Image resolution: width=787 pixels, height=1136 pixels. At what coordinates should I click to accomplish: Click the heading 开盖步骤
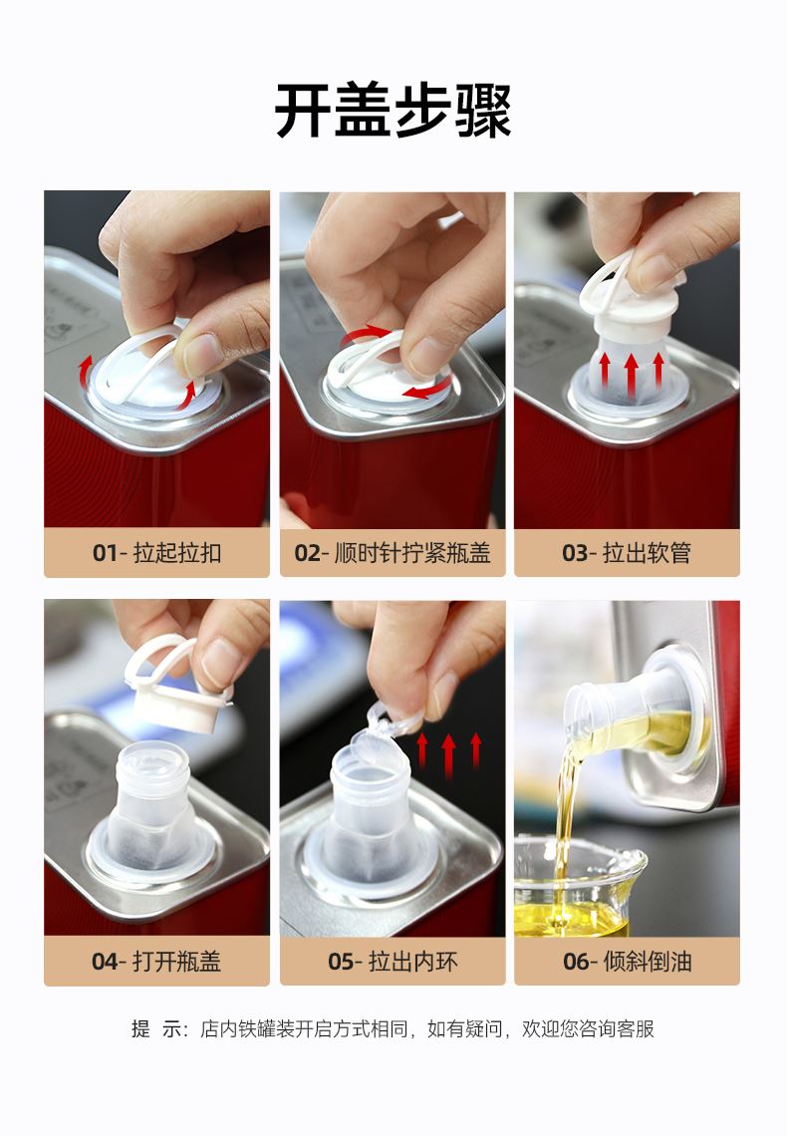click(x=393, y=111)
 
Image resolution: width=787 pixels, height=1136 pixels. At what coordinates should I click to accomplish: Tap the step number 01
click(x=105, y=553)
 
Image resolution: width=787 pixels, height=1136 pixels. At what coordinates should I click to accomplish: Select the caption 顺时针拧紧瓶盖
click(x=412, y=553)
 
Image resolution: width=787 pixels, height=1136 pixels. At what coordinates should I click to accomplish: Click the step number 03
click(x=574, y=553)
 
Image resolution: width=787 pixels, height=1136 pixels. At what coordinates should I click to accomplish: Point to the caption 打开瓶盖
click(x=176, y=962)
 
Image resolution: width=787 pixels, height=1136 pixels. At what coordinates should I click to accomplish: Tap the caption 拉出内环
click(x=412, y=962)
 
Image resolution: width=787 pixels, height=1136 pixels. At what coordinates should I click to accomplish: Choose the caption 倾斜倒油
click(x=648, y=962)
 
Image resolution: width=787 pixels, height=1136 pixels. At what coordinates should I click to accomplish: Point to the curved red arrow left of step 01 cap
click(x=86, y=370)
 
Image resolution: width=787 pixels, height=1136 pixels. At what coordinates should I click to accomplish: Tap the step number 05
click(x=341, y=962)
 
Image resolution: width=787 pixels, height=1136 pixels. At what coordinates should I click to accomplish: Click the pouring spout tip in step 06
click(x=572, y=724)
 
